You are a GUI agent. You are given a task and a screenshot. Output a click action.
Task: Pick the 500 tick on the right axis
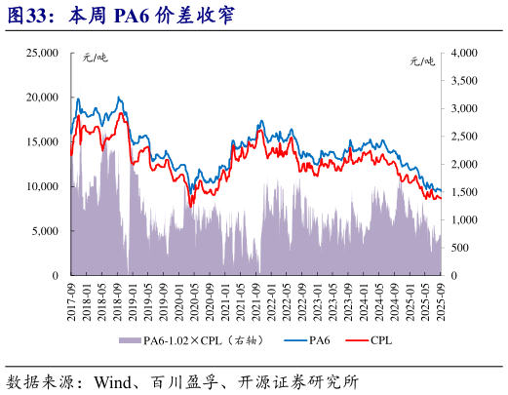pos(459,248)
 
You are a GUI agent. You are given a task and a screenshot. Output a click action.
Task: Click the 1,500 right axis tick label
pos(464,192)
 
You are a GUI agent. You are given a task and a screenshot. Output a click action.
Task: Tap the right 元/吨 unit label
pos(421,60)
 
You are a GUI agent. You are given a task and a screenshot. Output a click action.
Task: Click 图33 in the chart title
pos(27,16)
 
